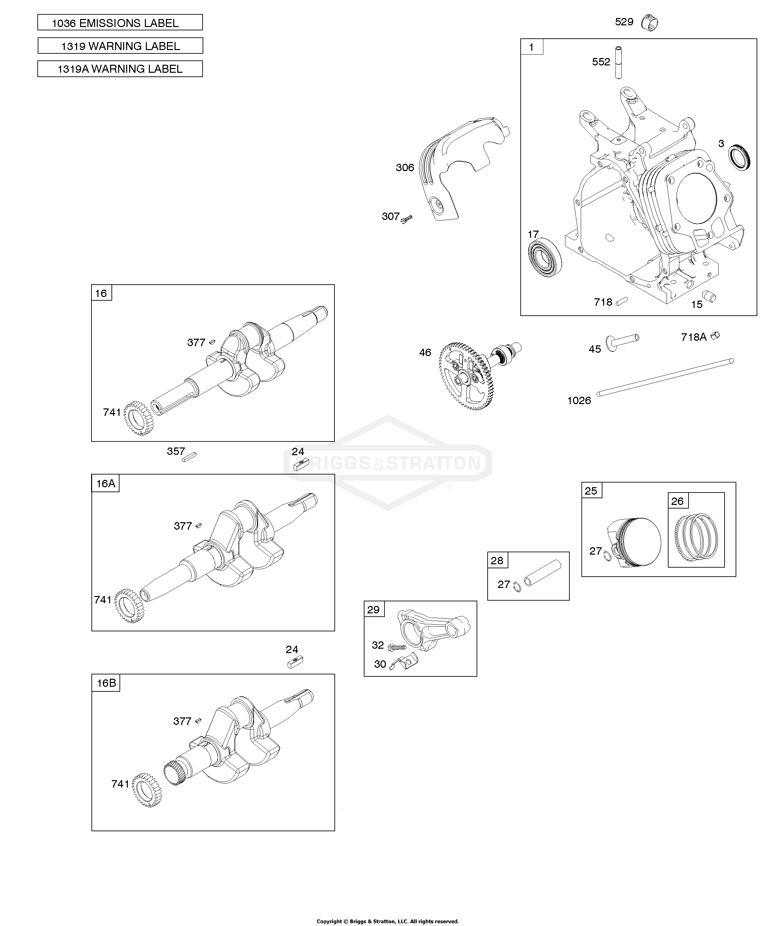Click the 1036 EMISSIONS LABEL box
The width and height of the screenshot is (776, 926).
click(120, 22)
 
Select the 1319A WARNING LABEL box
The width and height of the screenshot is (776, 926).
click(120, 69)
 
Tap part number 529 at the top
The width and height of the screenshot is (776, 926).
click(624, 22)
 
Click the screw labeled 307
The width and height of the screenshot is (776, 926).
click(406, 219)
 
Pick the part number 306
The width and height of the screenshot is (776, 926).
click(405, 168)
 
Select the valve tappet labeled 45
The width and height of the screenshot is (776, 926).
click(622, 342)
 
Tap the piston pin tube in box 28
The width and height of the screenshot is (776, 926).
click(542, 573)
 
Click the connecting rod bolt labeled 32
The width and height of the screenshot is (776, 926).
click(397, 647)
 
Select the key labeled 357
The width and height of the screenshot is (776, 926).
click(190, 456)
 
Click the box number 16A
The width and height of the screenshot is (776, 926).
click(106, 483)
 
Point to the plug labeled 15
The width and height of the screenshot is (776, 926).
click(709, 296)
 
